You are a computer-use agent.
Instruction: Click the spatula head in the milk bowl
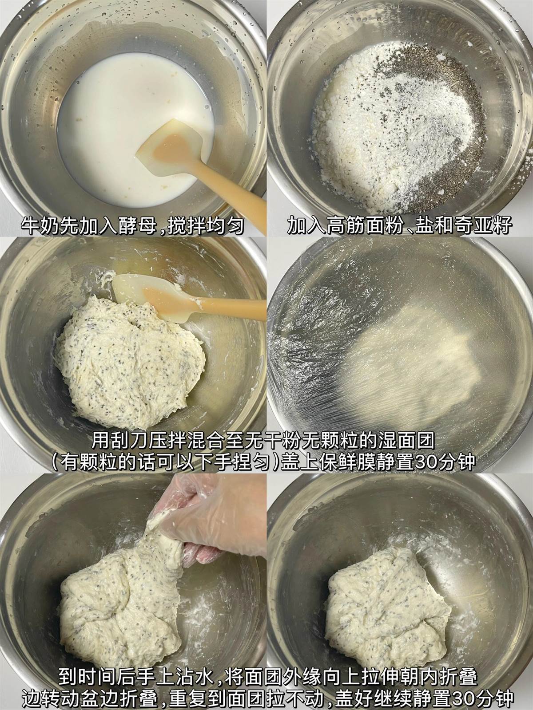(169, 143)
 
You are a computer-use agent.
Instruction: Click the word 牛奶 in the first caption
(40, 225)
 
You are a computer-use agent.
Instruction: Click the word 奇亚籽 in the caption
(482, 225)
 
